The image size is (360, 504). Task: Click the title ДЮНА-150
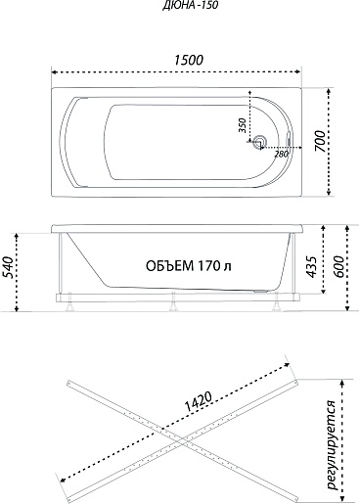click(191, 6)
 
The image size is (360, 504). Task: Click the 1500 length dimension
click(189, 60)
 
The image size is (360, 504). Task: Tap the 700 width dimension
click(320, 141)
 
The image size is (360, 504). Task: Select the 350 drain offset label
click(242, 125)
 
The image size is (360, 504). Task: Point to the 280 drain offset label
click(281, 154)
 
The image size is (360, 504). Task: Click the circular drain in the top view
click(260, 142)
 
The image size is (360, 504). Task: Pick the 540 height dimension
click(8, 267)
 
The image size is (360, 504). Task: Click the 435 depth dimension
click(312, 267)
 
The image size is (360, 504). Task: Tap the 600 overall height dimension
click(339, 267)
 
